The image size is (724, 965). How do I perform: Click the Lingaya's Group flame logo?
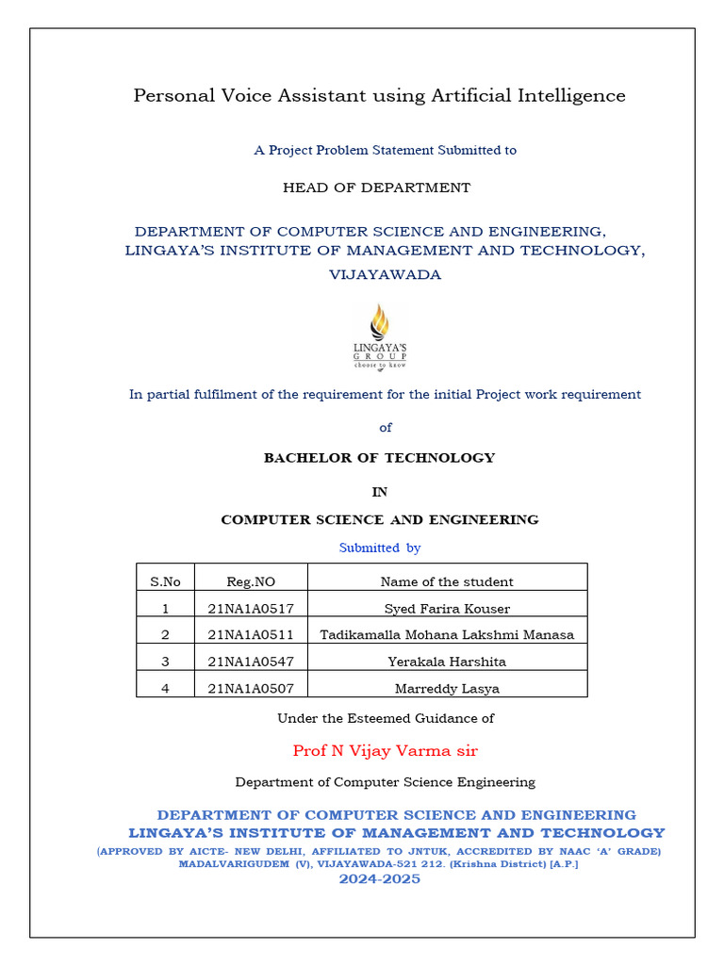(x=379, y=336)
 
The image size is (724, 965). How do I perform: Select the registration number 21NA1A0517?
(x=251, y=609)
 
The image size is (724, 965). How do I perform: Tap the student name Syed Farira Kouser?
(x=447, y=609)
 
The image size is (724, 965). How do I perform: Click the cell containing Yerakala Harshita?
(x=447, y=662)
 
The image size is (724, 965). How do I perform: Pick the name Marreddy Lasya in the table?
(x=447, y=689)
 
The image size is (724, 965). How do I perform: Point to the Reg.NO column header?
(x=251, y=581)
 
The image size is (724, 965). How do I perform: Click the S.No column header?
(x=165, y=581)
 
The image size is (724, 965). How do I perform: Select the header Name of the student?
(x=447, y=581)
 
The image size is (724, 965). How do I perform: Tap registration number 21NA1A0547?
(x=251, y=662)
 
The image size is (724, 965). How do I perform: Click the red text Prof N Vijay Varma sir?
(x=385, y=750)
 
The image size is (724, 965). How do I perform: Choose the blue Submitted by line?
(x=380, y=548)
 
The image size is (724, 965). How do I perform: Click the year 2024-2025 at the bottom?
(x=379, y=879)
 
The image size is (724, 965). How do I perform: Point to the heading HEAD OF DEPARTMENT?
(x=376, y=188)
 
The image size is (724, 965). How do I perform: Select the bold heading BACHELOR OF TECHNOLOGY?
(x=379, y=458)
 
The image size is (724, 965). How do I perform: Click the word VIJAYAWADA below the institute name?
(x=385, y=275)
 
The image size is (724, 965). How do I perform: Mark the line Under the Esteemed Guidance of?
(x=385, y=718)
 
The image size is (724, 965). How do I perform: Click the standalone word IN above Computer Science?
(x=379, y=492)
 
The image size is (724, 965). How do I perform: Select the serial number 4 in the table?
(x=165, y=689)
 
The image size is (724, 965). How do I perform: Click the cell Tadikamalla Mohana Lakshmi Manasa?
(x=447, y=635)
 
